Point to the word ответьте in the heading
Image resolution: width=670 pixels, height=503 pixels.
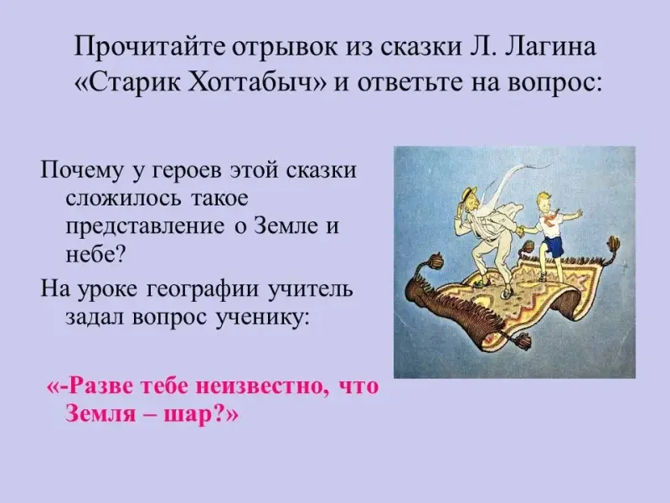click(407, 82)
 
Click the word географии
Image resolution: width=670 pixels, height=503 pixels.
click(203, 290)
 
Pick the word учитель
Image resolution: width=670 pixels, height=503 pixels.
click(310, 288)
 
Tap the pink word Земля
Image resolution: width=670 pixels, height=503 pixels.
click(100, 415)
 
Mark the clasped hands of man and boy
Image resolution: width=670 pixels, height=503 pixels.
click(521, 231)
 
